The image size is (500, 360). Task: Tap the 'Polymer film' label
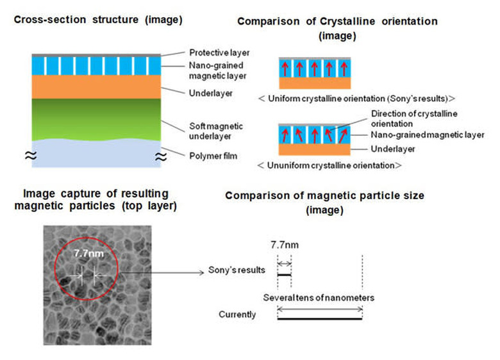pyautogui.click(x=212, y=156)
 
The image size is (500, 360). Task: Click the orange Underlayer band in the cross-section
pyautogui.click(x=95, y=87)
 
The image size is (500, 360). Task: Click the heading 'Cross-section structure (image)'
pyautogui.click(x=97, y=20)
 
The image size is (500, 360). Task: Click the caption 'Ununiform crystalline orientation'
pyautogui.click(x=328, y=165)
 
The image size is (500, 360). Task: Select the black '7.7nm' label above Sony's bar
pyautogui.click(x=283, y=244)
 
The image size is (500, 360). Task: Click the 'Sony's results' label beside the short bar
pyautogui.click(x=237, y=270)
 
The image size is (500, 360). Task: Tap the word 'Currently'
pyautogui.click(x=237, y=315)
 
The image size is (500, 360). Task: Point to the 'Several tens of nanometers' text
pyautogui.click(x=319, y=298)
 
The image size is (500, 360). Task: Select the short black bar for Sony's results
pyautogui.click(x=284, y=275)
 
